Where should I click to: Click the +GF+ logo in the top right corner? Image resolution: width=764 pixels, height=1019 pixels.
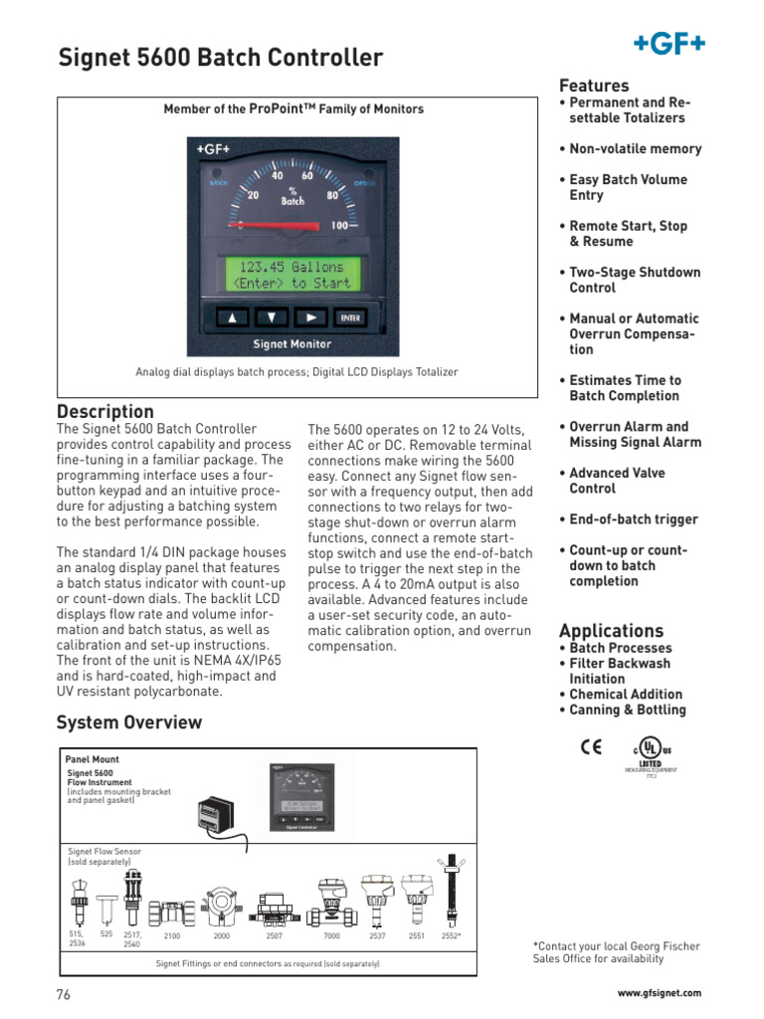click(x=669, y=43)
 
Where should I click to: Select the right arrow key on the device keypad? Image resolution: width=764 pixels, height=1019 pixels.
click(x=310, y=318)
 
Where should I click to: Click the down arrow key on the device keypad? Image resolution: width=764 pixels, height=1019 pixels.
click(x=271, y=318)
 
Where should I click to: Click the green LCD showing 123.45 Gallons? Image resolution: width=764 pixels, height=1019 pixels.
click(x=291, y=275)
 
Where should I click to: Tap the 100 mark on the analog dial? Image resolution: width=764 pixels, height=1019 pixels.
click(x=341, y=226)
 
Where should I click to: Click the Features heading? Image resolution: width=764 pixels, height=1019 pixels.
click(x=594, y=86)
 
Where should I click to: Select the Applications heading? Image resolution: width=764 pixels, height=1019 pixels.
click(x=611, y=631)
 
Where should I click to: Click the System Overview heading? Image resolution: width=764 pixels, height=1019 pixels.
click(x=129, y=722)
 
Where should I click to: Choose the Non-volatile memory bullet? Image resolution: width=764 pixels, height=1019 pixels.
click(x=635, y=149)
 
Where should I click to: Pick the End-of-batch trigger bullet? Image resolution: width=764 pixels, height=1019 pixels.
click(x=633, y=519)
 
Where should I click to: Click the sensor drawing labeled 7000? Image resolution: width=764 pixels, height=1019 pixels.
click(x=331, y=903)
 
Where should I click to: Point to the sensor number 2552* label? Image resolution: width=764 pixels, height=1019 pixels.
click(x=451, y=936)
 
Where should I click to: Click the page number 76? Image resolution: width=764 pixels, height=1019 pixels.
click(x=64, y=994)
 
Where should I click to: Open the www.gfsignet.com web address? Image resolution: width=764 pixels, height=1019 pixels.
click(x=659, y=993)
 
